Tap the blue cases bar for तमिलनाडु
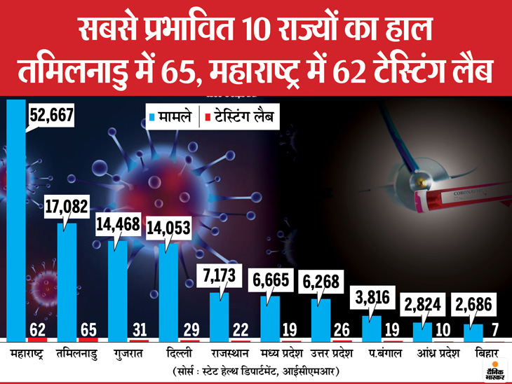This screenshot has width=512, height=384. point(67,280)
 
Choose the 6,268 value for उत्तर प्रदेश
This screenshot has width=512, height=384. point(320,283)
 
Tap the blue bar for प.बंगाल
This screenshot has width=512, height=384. point(371,327)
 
